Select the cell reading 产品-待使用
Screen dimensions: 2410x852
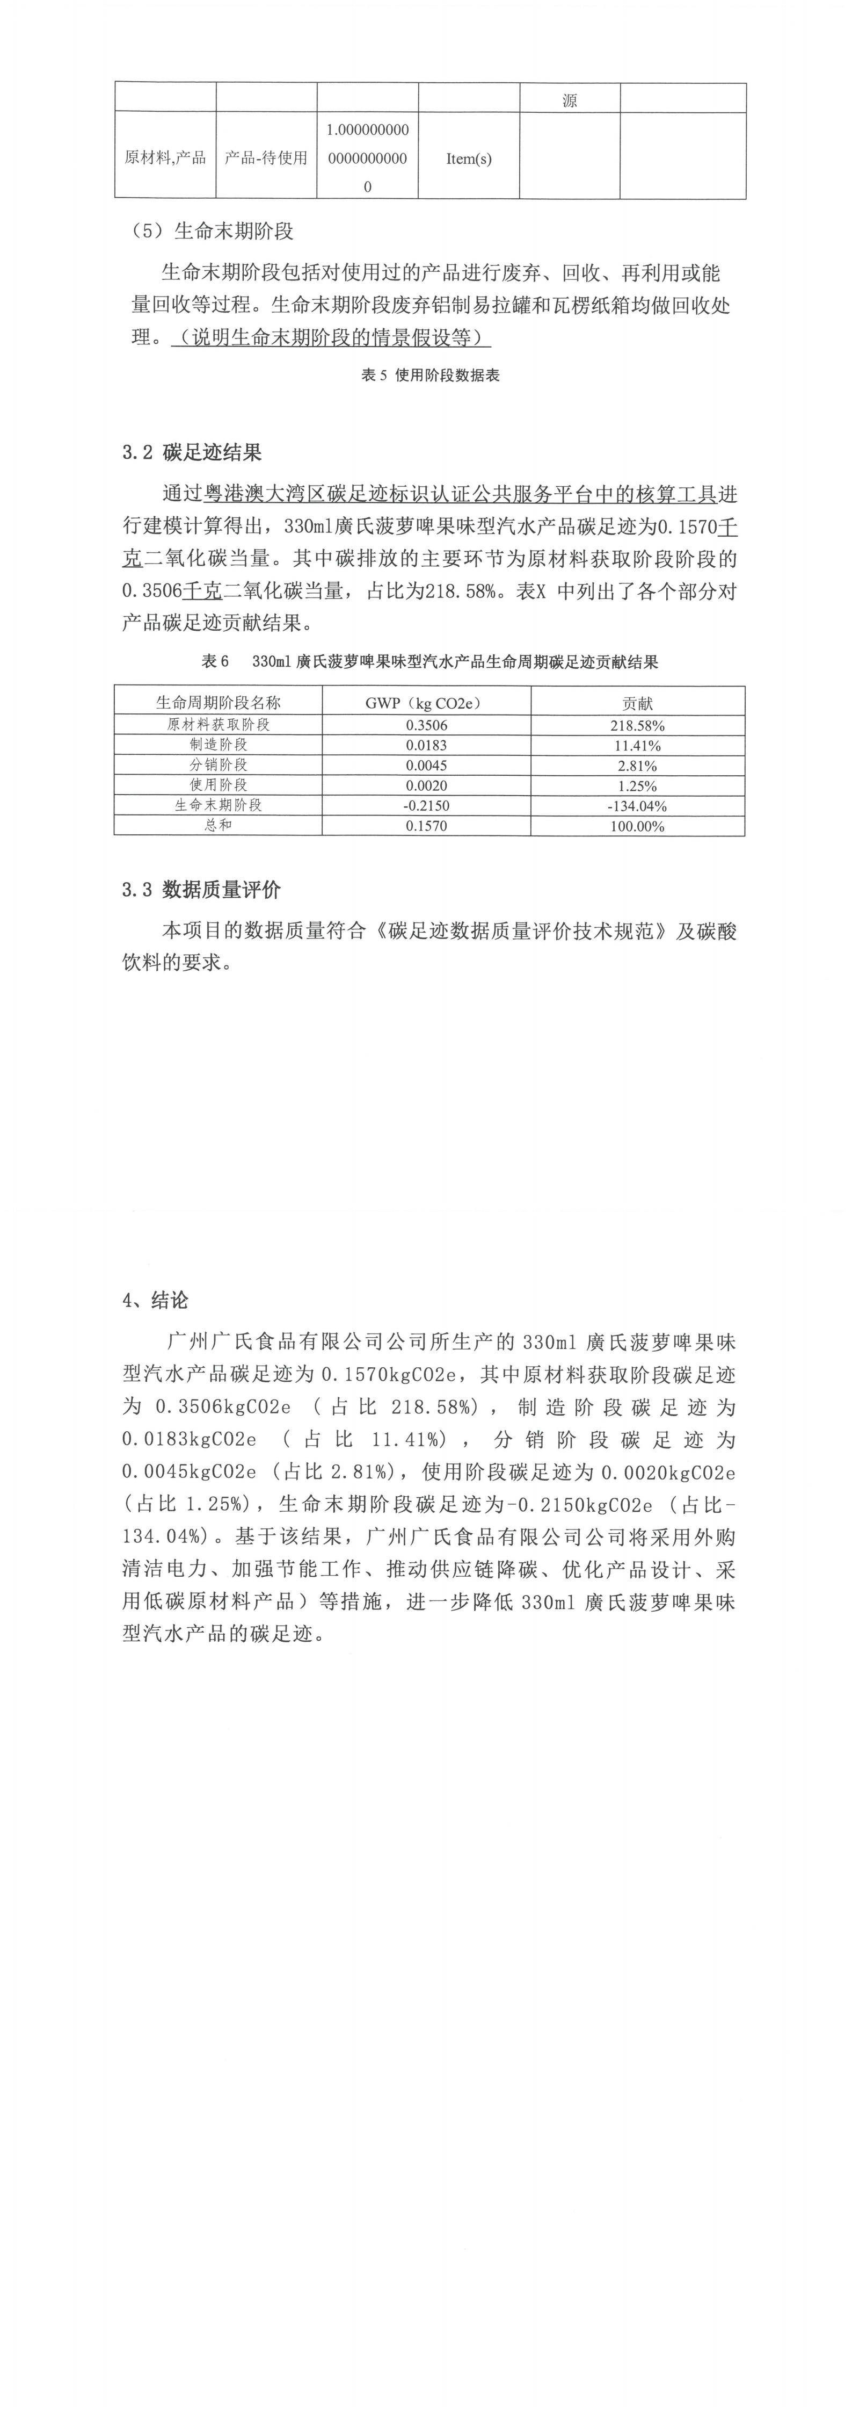click(x=266, y=158)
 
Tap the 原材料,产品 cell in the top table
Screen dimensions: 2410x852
click(x=165, y=157)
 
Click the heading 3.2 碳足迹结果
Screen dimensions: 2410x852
click(x=192, y=453)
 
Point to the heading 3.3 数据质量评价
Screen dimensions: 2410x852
click(x=201, y=890)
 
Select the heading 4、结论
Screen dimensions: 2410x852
click(x=155, y=1301)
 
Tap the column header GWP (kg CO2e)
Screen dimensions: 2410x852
click(x=426, y=703)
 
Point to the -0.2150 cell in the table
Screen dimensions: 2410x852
click(x=426, y=805)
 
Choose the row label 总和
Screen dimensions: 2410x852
click(x=218, y=825)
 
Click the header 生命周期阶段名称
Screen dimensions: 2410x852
click(x=218, y=703)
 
